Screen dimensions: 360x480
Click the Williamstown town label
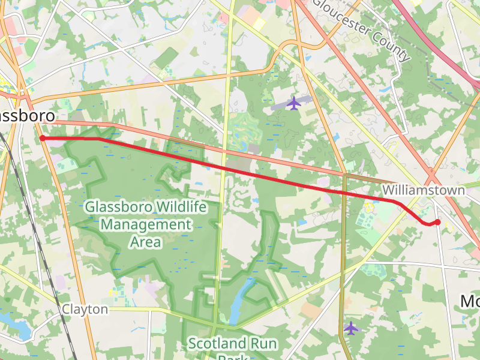[424, 190]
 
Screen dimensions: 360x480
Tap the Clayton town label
[85, 310]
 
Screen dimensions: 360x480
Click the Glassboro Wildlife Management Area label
[146, 224]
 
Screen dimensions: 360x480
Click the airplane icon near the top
[293, 103]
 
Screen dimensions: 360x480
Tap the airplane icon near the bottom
[351, 328]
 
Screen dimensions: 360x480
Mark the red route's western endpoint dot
[43, 139]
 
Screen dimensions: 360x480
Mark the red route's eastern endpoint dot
[438, 223]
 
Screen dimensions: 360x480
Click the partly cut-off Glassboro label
[27, 116]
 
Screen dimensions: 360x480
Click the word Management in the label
[146, 225]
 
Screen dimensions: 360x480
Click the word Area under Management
[146, 242]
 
